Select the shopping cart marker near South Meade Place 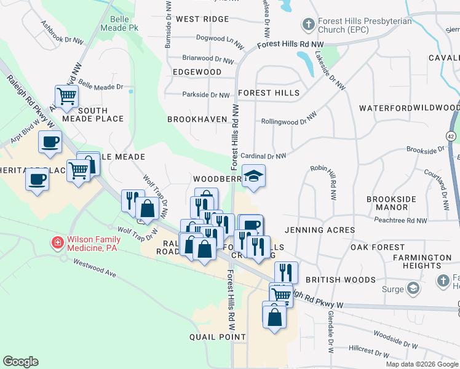(x=66, y=96)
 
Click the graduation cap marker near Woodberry (x=253, y=177)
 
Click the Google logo (x=20, y=362)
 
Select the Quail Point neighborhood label (x=218, y=337)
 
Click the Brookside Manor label (x=391, y=204)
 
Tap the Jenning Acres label (x=319, y=230)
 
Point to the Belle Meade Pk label (x=119, y=23)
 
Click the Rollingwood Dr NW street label (x=288, y=119)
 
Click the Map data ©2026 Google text (x=422, y=364)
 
